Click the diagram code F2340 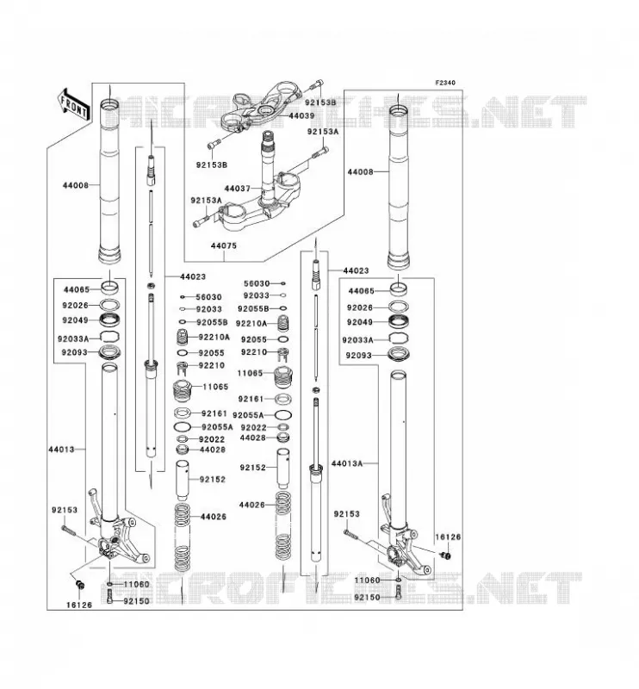[445, 83]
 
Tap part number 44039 [301, 116]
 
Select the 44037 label [238, 189]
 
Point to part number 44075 [224, 245]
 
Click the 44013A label [347, 463]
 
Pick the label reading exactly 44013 [61, 449]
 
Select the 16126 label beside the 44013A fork [449, 537]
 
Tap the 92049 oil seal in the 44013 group [109, 320]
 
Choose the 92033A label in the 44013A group [357, 340]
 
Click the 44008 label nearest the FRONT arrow [76, 185]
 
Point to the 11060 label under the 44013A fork [368, 580]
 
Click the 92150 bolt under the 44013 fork [109, 597]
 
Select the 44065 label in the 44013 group [77, 289]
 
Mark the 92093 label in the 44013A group [359, 355]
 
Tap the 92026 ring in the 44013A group [399, 307]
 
